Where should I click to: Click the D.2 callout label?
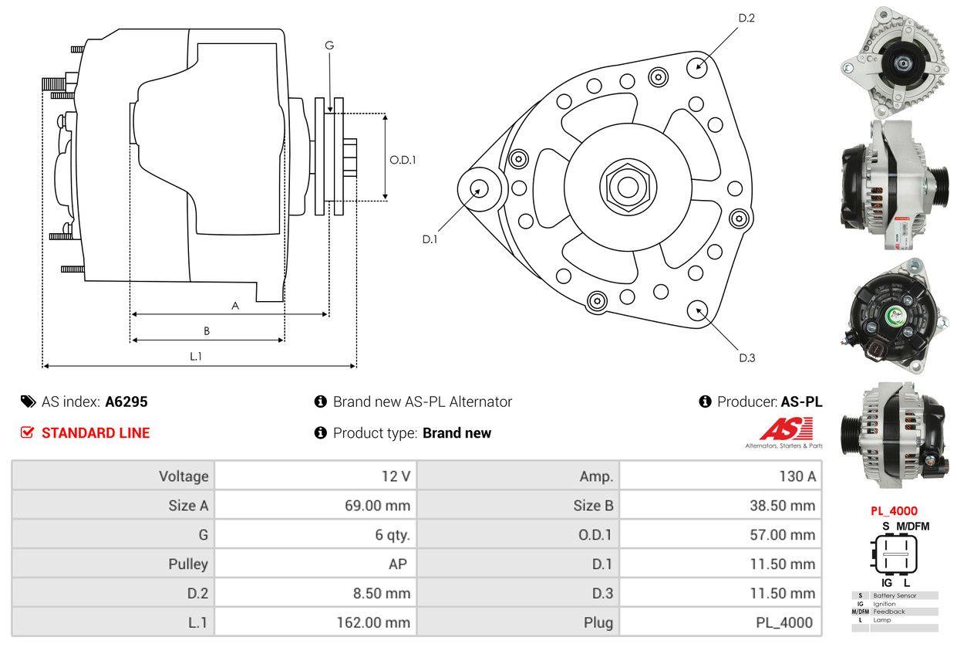(746, 18)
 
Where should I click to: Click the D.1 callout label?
(430, 239)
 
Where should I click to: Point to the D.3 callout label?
(746, 357)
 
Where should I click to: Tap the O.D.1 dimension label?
(403, 161)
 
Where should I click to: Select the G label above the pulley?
(329, 46)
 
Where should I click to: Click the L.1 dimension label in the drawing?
(196, 356)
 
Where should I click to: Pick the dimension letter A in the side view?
(235, 306)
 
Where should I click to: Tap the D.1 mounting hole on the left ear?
(479, 188)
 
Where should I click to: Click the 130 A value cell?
(720, 476)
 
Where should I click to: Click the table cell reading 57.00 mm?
(720, 534)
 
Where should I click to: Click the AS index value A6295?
(126, 401)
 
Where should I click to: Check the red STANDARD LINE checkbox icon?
(27, 432)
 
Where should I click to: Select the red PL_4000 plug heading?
(894, 511)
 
